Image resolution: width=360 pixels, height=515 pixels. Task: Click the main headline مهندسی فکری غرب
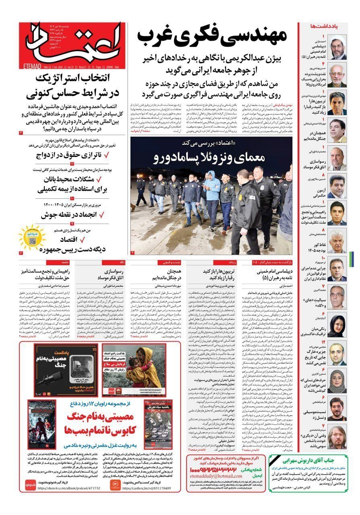click(x=212, y=37)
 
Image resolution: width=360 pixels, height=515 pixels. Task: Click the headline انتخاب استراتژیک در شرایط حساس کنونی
click(x=72, y=86)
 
